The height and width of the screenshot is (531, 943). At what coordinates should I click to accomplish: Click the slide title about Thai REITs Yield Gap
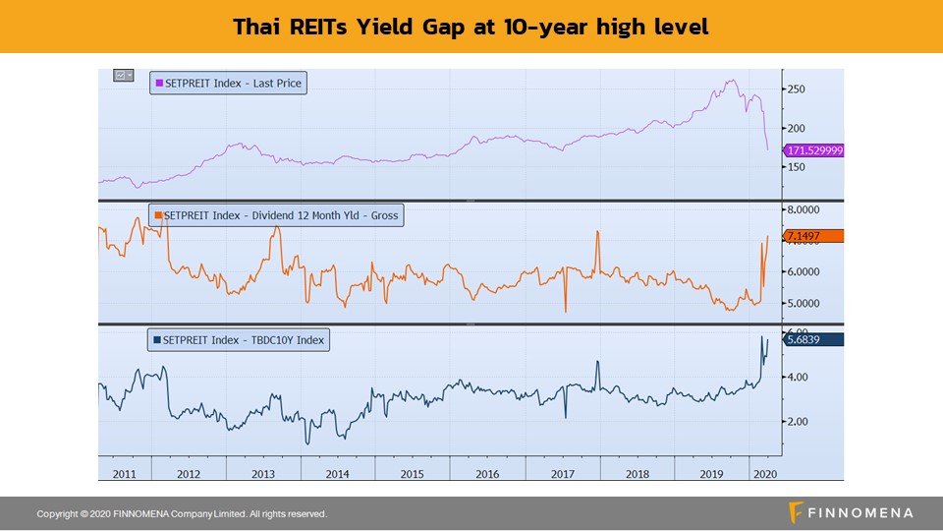pos(471,27)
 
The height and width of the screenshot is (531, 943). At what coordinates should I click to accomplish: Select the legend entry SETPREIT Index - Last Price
pos(227,84)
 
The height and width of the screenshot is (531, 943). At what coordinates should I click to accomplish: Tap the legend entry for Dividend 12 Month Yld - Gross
pos(276,214)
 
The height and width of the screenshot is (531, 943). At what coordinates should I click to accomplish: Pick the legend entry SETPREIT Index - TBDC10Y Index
pos(239,340)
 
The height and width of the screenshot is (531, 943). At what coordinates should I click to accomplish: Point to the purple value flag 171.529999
pos(813,150)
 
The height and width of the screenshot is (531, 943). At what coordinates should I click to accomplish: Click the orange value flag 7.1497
pos(813,236)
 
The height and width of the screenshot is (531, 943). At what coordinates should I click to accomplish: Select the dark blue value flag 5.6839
pos(813,339)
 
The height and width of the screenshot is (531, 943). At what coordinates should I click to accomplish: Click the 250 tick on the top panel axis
pos(796,89)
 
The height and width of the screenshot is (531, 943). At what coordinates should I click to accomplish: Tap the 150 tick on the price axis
pos(796,167)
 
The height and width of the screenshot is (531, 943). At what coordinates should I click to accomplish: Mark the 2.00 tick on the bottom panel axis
pos(798,421)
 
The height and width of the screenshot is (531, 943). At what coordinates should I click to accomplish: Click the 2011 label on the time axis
pos(124,473)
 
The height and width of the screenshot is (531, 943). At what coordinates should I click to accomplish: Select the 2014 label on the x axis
pos(337,473)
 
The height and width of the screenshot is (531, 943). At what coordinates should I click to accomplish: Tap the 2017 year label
pos(563,473)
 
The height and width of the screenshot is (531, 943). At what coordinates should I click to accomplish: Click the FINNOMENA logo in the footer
pos(851,512)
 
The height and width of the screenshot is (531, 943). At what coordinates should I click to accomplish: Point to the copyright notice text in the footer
pos(182,514)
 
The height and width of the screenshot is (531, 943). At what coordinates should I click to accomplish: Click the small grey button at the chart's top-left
pos(123,75)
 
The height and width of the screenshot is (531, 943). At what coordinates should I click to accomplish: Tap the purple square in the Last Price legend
pos(159,84)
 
